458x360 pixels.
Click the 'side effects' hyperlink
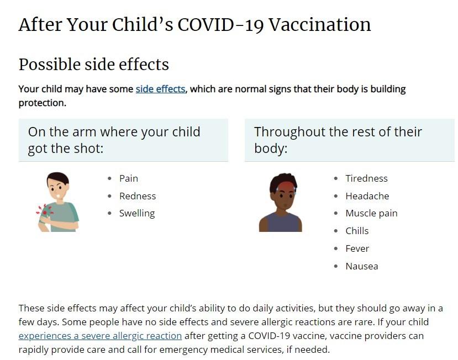point(160,89)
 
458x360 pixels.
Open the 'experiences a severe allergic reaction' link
point(100,336)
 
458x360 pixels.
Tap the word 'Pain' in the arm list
point(129,178)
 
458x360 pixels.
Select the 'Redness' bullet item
point(138,196)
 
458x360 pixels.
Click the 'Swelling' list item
point(137,214)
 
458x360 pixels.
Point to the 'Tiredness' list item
point(367,178)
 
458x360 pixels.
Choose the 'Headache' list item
point(367,196)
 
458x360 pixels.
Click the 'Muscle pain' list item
point(371,214)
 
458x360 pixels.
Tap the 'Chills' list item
point(357,231)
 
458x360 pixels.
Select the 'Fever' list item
point(357,248)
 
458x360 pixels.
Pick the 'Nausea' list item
point(362,266)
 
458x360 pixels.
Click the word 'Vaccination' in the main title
point(319,24)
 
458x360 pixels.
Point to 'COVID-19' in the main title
point(220,24)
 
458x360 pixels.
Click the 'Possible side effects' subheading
point(94,64)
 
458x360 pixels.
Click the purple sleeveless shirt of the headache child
point(281,223)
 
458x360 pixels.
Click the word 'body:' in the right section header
point(271,149)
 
